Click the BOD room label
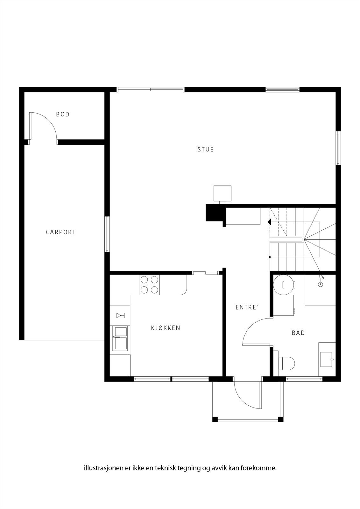pos(63,114)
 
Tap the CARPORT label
pos(61,232)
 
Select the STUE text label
pos(206,150)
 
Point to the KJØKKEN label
pos(166,328)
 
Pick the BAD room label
pos(298,333)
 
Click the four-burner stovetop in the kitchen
pos(149,285)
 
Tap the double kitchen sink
pos(121,338)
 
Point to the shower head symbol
pos(321,280)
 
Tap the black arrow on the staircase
pos(269,222)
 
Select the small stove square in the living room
pos(222,193)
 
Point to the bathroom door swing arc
pos(255,331)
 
